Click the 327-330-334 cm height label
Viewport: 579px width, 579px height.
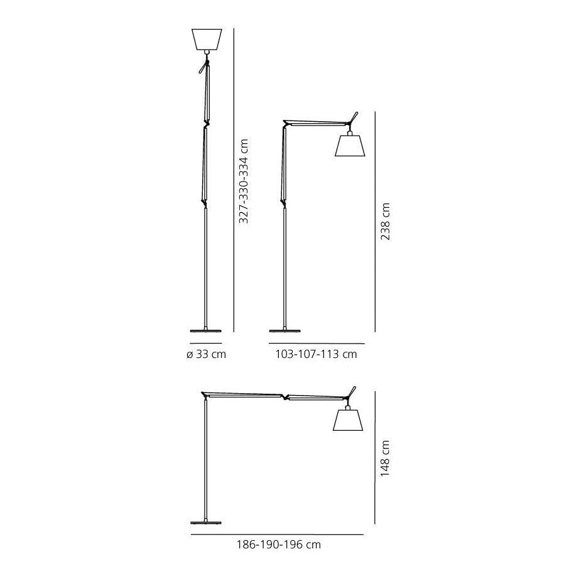point(243,181)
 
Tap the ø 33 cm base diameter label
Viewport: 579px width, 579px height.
point(206,354)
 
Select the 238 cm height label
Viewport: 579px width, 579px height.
point(385,222)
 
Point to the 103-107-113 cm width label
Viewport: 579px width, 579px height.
point(316,354)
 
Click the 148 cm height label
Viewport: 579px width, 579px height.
point(385,458)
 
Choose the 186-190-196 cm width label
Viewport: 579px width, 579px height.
point(279,544)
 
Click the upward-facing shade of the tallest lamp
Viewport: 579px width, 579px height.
point(207,39)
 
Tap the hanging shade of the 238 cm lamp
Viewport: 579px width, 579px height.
point(350,146)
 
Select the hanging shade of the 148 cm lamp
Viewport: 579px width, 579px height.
point(348,420)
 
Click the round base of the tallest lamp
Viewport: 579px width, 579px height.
point(206,330)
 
